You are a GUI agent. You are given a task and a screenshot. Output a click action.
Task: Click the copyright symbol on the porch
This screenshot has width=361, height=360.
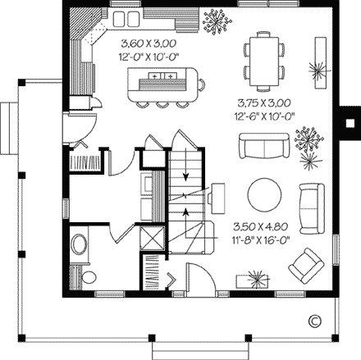315,321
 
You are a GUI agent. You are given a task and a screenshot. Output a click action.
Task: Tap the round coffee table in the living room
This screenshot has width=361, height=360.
264,195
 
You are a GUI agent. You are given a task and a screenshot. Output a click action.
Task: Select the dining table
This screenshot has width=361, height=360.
264,62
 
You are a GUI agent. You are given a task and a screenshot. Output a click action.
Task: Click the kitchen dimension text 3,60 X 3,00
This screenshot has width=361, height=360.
149,43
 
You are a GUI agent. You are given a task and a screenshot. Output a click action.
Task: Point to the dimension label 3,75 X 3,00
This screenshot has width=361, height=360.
264,103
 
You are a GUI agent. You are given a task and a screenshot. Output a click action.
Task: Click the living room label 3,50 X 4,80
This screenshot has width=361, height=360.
261,226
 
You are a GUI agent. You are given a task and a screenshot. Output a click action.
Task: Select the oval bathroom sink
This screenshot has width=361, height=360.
79,244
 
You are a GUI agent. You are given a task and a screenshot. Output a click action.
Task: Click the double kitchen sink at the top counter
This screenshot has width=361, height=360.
126,19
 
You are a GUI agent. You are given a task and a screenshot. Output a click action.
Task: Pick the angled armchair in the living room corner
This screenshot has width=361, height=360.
306,266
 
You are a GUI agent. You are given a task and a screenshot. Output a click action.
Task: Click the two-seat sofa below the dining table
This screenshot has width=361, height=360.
264,146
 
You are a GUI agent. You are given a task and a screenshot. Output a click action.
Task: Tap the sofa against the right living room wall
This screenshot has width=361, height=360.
312,209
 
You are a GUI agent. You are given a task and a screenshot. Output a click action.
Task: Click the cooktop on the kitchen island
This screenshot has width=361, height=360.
162,75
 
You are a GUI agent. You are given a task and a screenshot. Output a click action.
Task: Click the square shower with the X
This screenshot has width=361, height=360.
153,238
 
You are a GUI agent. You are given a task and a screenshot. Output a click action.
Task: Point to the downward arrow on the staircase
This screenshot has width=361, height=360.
186,165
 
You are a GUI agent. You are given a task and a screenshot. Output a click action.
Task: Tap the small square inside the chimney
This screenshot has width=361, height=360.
350,123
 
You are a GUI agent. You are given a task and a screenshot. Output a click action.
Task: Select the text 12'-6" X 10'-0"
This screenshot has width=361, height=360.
264,116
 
